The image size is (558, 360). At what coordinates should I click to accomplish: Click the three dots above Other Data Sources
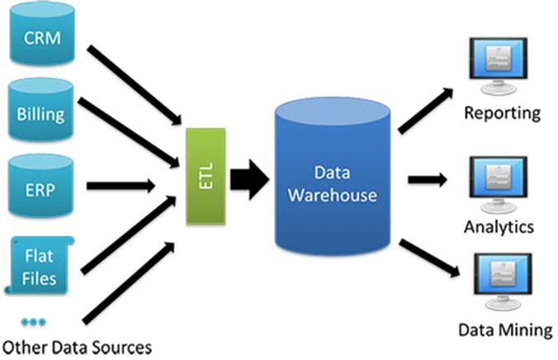(x=34, y=320)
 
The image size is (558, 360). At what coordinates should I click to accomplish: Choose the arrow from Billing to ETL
(x=137, y=132)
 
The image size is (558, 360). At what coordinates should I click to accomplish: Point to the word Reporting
(x=502, y=113)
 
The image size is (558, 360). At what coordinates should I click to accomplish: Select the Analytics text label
(x=499, y=227)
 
